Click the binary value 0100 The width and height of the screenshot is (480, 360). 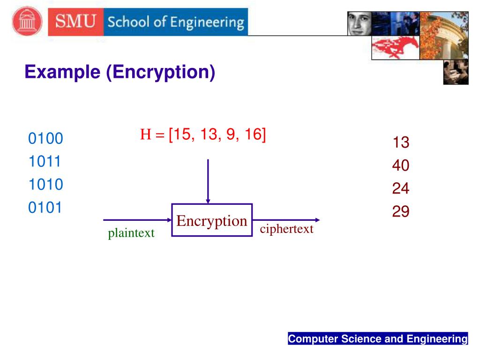[x=45, y=139]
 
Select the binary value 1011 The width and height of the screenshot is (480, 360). [x=45, y=162]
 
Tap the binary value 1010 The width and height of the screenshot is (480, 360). [x=45, y=185]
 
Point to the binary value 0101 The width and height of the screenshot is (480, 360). [x=45, y=208]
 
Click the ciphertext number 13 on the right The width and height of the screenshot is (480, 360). [x=401, y=142]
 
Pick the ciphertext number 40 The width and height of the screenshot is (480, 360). [x=401, y=165]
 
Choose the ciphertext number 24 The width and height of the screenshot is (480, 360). [x=401, y=188]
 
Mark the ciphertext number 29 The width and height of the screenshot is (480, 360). [x=401, y=211]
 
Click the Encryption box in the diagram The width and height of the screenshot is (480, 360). [x=212, y=220]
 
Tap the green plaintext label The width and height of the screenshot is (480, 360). [x=131, y=233]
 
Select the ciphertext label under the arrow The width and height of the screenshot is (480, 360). [x=286, y=229]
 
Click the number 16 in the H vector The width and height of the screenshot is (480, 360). [x=253, y=135]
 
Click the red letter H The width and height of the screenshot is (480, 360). [x=145, y=135]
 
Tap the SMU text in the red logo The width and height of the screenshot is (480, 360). [x=75, y=22]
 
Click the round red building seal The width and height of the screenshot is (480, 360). [x=27, y=22]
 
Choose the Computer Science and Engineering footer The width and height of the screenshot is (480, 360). [x=378, y=339]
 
